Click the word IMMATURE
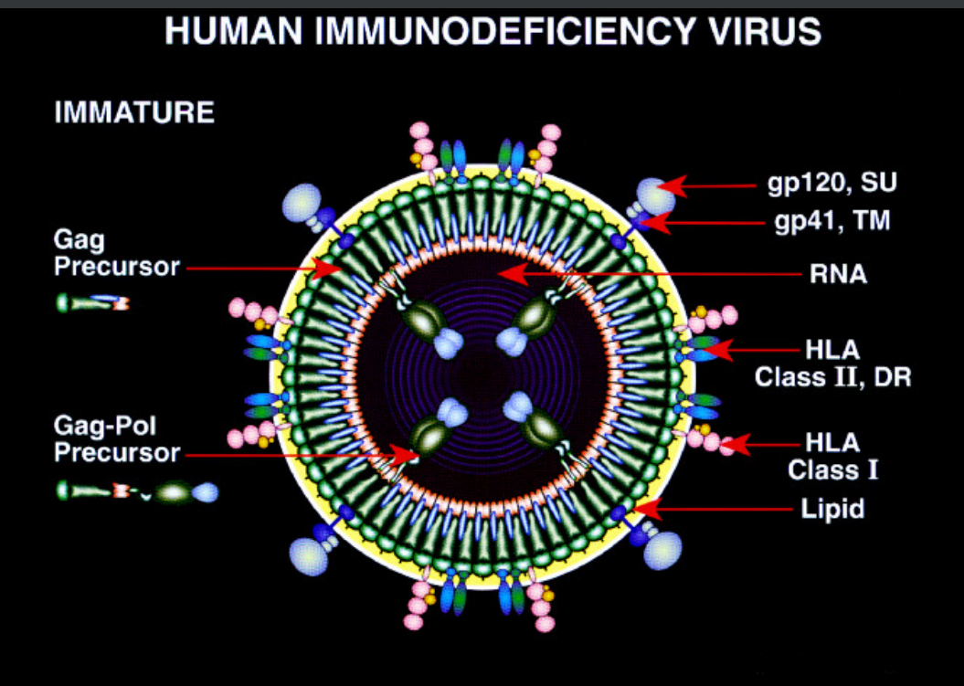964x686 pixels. (134, 113)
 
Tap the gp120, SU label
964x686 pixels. (832, 184)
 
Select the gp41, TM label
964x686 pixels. (832, 220)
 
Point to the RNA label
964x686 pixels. (837, 273)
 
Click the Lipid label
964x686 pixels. (832, 509)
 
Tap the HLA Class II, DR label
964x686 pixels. (832, 363)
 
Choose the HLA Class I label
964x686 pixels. (832, 457)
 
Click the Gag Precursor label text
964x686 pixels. (116, 255)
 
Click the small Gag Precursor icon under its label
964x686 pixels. (92, 302)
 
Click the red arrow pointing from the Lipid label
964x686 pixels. (713, 508)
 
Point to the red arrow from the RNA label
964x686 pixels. (640, 272)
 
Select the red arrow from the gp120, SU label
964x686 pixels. (713, 186)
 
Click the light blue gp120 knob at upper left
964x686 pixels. (304, 199)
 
